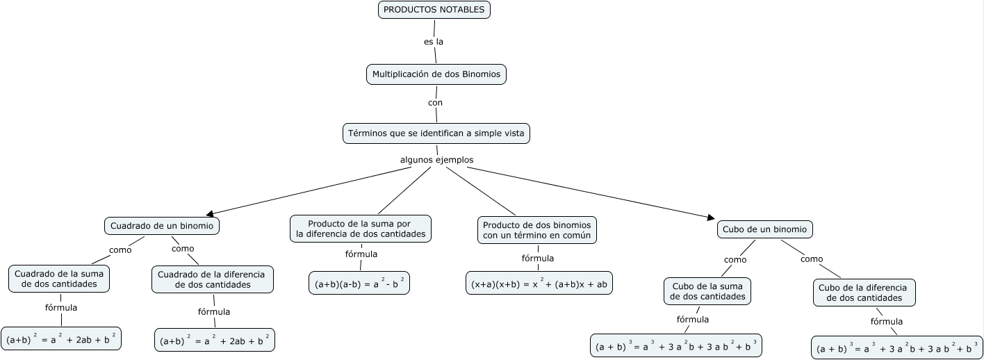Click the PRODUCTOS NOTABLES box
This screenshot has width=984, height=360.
pos(434,10)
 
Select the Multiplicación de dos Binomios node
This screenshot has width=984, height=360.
pos(436,74)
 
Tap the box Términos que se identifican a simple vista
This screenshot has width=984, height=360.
pos(436,133)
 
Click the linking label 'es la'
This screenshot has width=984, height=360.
pos(434,42)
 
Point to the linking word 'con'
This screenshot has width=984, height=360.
pos(435,103)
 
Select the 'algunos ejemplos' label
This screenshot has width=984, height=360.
pos(436,160)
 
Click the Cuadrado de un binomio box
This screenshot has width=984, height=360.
pos(163,226)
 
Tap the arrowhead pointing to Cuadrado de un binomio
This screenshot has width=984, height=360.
pos(211,213)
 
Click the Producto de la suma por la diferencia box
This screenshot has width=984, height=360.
pos(361,229)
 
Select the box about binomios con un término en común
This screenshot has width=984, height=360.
pos(536,230)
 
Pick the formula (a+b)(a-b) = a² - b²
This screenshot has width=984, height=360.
pos(359,284)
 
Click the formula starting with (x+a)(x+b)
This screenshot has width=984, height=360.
pos(539,284)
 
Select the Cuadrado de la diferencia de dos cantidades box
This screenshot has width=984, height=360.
pos(211,279)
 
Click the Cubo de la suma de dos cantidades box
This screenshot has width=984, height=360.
pos(707,291)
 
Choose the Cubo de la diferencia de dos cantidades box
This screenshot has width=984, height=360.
pos(864,293)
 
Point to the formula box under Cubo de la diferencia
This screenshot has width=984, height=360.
pos(896,348)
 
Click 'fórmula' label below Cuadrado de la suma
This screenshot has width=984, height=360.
pos(60,307)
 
